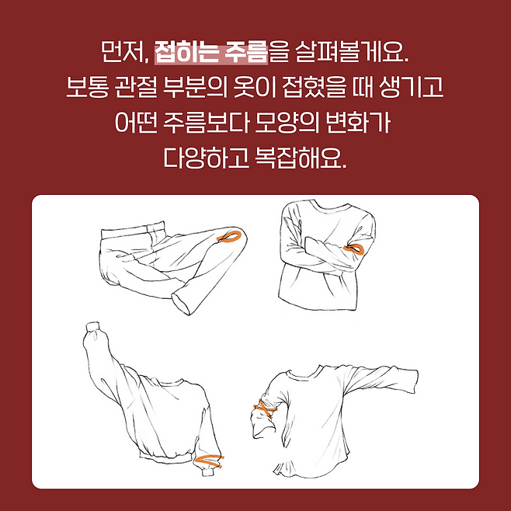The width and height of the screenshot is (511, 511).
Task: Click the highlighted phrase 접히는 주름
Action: tap(211, 52)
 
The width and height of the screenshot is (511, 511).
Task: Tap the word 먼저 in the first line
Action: tap(123, 53)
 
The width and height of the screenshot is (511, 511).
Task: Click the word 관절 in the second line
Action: tap(135, 87)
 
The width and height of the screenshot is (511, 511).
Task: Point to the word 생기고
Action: tap(412, 87)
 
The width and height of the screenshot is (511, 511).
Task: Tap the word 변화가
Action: tap(358, 123)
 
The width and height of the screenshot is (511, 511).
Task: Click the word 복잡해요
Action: tap(301, 158)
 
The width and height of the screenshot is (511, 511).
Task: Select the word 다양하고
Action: tap(206, 158)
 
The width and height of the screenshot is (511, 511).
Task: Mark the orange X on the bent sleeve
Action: tap(265, 408)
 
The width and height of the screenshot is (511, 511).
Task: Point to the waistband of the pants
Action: tap(133, 231)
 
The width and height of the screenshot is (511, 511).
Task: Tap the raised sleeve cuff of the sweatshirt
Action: tap(92, 326)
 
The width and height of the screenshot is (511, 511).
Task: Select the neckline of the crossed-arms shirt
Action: tap(330, 205)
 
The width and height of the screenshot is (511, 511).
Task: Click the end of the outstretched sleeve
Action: tap(415, 381)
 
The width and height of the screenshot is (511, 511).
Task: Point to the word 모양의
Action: tap(287, 123)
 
